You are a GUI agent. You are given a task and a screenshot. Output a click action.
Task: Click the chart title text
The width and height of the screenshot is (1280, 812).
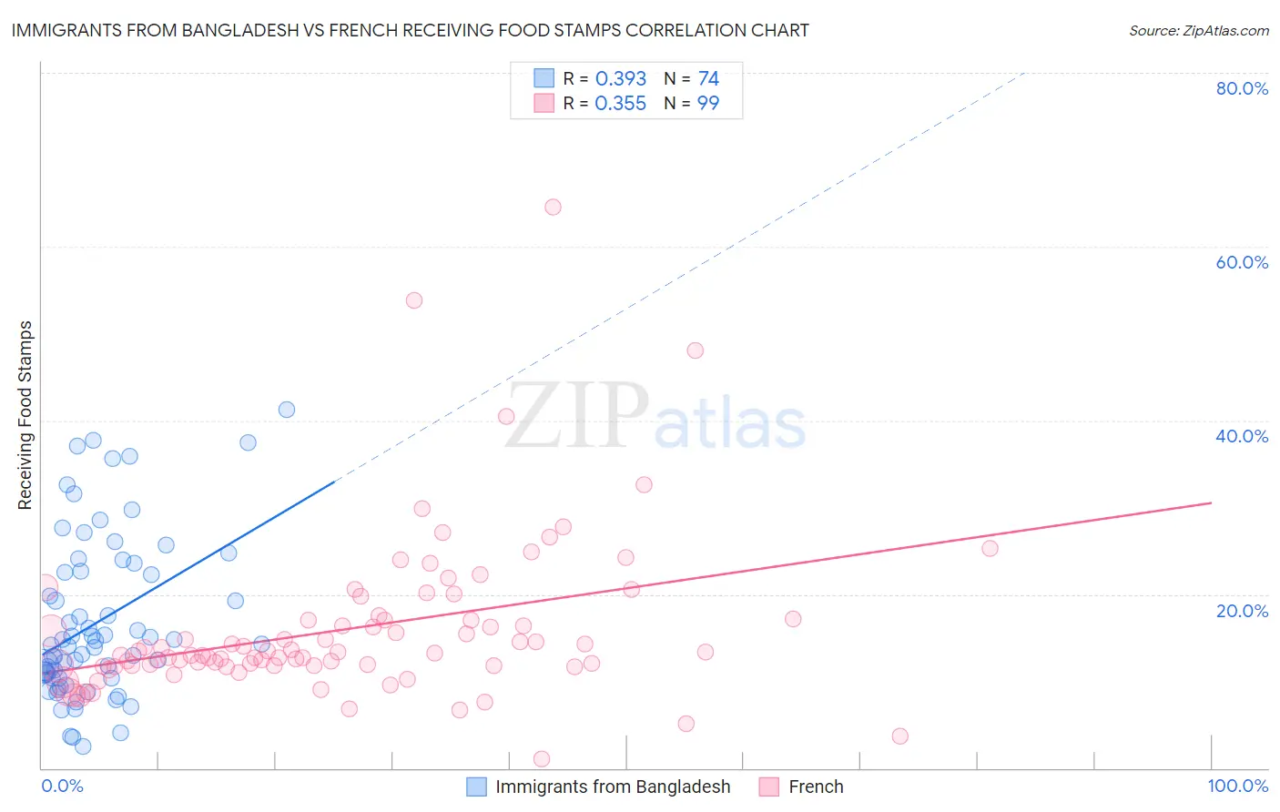pyautogui.click(x=410, y=31)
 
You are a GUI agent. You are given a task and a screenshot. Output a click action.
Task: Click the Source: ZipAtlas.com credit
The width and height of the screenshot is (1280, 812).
pyautogui.click(x=1198, y=31)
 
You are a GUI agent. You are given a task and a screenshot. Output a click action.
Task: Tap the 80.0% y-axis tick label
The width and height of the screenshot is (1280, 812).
pyautogui.click(x=1242, y=88)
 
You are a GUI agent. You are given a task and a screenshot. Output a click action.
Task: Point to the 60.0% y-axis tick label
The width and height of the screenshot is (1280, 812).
pyautogui.click(x=1242, y=262)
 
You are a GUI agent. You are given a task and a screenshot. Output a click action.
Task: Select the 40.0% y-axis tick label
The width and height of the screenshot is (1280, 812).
pyautogui.click(x=1242, y=436)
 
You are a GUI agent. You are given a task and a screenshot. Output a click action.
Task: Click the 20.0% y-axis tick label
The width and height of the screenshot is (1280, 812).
pyautogui.click(x=1242, y=611)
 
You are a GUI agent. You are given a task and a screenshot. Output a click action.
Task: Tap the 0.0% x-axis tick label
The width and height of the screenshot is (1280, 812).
pyautogui.click(x=62, y=786)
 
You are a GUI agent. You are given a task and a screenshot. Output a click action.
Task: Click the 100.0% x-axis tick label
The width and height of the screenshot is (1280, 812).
pyautogui.click(x=1237, y=786)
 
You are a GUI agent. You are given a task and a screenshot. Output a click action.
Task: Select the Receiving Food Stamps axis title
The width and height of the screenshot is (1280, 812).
pyautogui.click(x=25, y=415)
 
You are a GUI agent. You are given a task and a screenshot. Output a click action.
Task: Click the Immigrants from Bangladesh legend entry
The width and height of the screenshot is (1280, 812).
pyautogui.click(x=612, y=787)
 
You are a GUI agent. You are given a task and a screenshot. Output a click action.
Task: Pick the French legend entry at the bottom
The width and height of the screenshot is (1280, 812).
pyautogui.click(x=815, y=787)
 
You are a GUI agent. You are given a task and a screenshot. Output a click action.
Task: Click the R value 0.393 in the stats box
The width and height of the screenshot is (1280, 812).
pyautogui.click(x=620, y=79)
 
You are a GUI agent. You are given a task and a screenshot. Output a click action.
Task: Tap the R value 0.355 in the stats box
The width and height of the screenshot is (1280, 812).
pyautogui.click(x=620, y=104)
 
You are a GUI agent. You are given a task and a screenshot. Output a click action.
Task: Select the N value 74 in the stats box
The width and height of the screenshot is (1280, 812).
pyautogui.click(x=708, y=79)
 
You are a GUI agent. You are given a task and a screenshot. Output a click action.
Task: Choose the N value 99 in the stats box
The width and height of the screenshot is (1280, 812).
pyautogui.click(x=708, y=104)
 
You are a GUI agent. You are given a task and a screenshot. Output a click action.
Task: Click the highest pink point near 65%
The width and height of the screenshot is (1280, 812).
pyautogui.click(x=553, y=207)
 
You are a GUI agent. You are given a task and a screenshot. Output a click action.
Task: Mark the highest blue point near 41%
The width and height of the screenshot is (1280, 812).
pyautogui.click(x=287, y=410)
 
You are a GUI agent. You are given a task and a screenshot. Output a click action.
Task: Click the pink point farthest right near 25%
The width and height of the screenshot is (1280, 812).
pyautogui.click(x=990, y=548)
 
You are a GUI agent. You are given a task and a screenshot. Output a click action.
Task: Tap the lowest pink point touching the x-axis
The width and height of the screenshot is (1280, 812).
pyautogui.click(x=542, y=758)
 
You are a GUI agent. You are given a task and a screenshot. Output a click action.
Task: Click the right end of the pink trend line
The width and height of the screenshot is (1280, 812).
pyautogui.click(x=1211, y=502)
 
